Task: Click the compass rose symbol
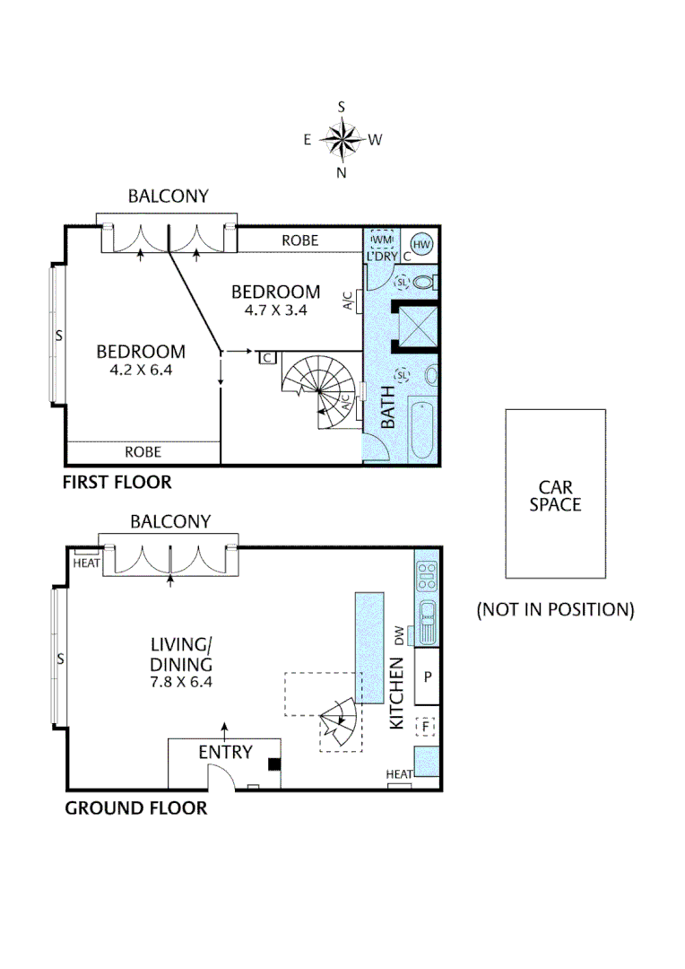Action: (342, 139)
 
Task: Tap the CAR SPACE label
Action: (555, 495)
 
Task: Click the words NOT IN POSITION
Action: (555, 610)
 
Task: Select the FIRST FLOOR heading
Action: (117, 483)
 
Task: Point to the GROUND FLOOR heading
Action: (135, 808)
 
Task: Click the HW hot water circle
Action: (421, 243)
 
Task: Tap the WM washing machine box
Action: (382, 240)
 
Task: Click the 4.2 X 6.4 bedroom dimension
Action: (141, 370)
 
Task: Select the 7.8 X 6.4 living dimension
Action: (182, 682)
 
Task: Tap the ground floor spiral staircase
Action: (340, 725)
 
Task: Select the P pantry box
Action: (428, 676)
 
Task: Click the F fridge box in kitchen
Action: (427, 726)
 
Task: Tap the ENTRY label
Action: (225, 752)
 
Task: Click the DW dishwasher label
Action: (398, 634)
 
